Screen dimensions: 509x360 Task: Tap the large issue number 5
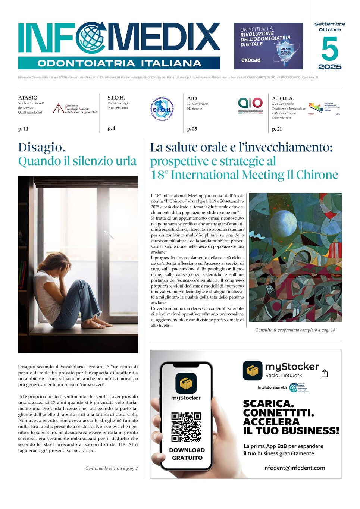click(329, 49)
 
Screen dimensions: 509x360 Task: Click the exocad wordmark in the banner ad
click(251, 60)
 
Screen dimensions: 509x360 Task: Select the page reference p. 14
click(23, 129)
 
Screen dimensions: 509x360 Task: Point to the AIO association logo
click(250, 104)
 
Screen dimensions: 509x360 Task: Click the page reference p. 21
click(277, 129)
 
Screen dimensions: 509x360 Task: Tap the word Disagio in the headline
click(41, 147)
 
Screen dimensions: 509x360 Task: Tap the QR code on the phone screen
click(186, 427)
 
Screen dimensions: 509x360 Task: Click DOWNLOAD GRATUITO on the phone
click(187, 454)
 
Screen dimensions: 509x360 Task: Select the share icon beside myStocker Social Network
click(325, 373)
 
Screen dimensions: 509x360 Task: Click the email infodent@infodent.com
click(294, 468)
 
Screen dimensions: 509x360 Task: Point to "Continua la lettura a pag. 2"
click(112, 468)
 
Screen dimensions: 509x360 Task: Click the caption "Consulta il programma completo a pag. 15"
click(295, 330)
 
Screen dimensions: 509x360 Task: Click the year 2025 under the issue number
click(330, 67)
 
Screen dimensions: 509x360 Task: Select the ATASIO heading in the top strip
click(28, 98)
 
